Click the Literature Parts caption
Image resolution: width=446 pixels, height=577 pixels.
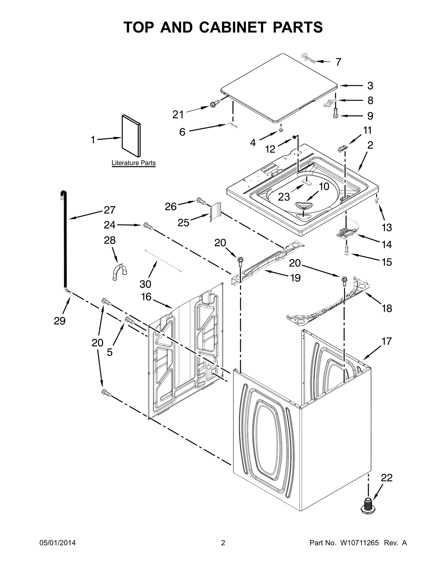coord(134,163)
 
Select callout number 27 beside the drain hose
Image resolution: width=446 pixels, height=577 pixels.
coord(110,210)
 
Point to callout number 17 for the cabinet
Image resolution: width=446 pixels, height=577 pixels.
coord(386,341)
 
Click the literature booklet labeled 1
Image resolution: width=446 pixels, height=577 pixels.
coord(131,136)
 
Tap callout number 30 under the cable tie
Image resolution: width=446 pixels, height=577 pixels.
coord(145,284)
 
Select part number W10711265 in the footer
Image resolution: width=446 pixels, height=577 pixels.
coord(359,543)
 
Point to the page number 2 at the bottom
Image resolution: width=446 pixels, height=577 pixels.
coord(223,543)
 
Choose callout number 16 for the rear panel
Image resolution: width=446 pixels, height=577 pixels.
coord(146,297)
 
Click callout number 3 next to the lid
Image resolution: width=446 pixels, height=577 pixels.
coord(370,86)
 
